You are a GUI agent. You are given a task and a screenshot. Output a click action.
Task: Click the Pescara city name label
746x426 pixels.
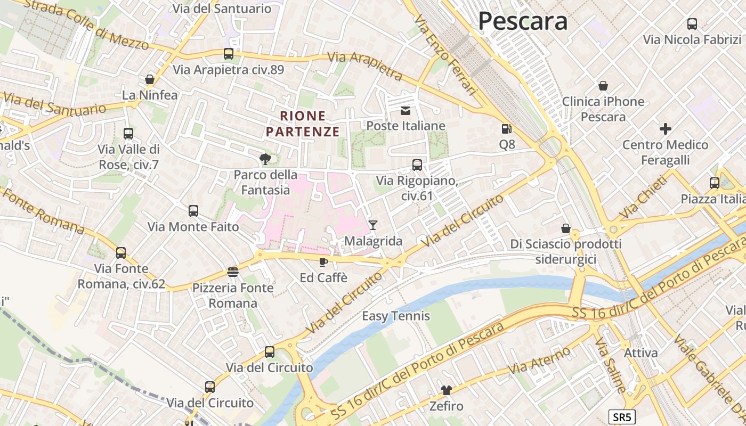click(x=522, y=21)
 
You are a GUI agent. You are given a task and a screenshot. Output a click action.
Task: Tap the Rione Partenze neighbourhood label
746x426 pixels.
click(x=303, y=124)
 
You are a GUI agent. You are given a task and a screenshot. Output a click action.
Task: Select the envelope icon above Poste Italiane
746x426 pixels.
click(x=406, y=111)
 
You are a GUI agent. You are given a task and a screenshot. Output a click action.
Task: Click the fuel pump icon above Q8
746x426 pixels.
click(x=506, y=129)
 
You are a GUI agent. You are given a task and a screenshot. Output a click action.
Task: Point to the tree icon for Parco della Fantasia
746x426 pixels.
click(x=265, y=159)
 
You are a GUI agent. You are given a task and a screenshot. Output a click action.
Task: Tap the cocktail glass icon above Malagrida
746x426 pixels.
click(x=373, y=225)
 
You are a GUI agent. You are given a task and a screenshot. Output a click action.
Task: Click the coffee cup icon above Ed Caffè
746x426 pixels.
click(x=323, y=262)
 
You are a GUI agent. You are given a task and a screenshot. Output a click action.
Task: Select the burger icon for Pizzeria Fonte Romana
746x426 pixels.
click(x=233, y=272)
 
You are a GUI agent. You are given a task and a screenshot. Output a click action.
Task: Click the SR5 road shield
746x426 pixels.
click(x=622, y=417)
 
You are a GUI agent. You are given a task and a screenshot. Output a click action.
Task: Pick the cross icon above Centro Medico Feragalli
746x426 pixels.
click(x=666, y=129)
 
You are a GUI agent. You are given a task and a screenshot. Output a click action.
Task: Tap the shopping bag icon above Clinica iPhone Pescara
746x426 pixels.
click(x=603, y=86)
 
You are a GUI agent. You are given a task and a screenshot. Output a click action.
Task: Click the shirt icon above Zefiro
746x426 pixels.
click(x=446, y=390)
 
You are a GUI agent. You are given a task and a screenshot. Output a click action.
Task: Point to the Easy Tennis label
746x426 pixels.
click(x=396, y=316)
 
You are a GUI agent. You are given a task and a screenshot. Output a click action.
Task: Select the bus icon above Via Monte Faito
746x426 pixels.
click(x=193, y=211)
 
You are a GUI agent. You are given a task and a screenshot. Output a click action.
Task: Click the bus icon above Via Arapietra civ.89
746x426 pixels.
click(x=229, y=54)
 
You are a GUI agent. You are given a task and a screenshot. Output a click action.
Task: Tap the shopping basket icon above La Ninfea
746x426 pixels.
click(x=150, y=79)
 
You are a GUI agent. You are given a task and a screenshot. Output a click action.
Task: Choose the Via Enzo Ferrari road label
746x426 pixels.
click(x=445, y=55)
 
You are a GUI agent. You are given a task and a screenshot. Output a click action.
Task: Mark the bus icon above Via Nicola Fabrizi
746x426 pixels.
click(x=692, y=24)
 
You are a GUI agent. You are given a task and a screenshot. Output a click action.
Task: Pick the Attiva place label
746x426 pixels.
click(x=640, y=353)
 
